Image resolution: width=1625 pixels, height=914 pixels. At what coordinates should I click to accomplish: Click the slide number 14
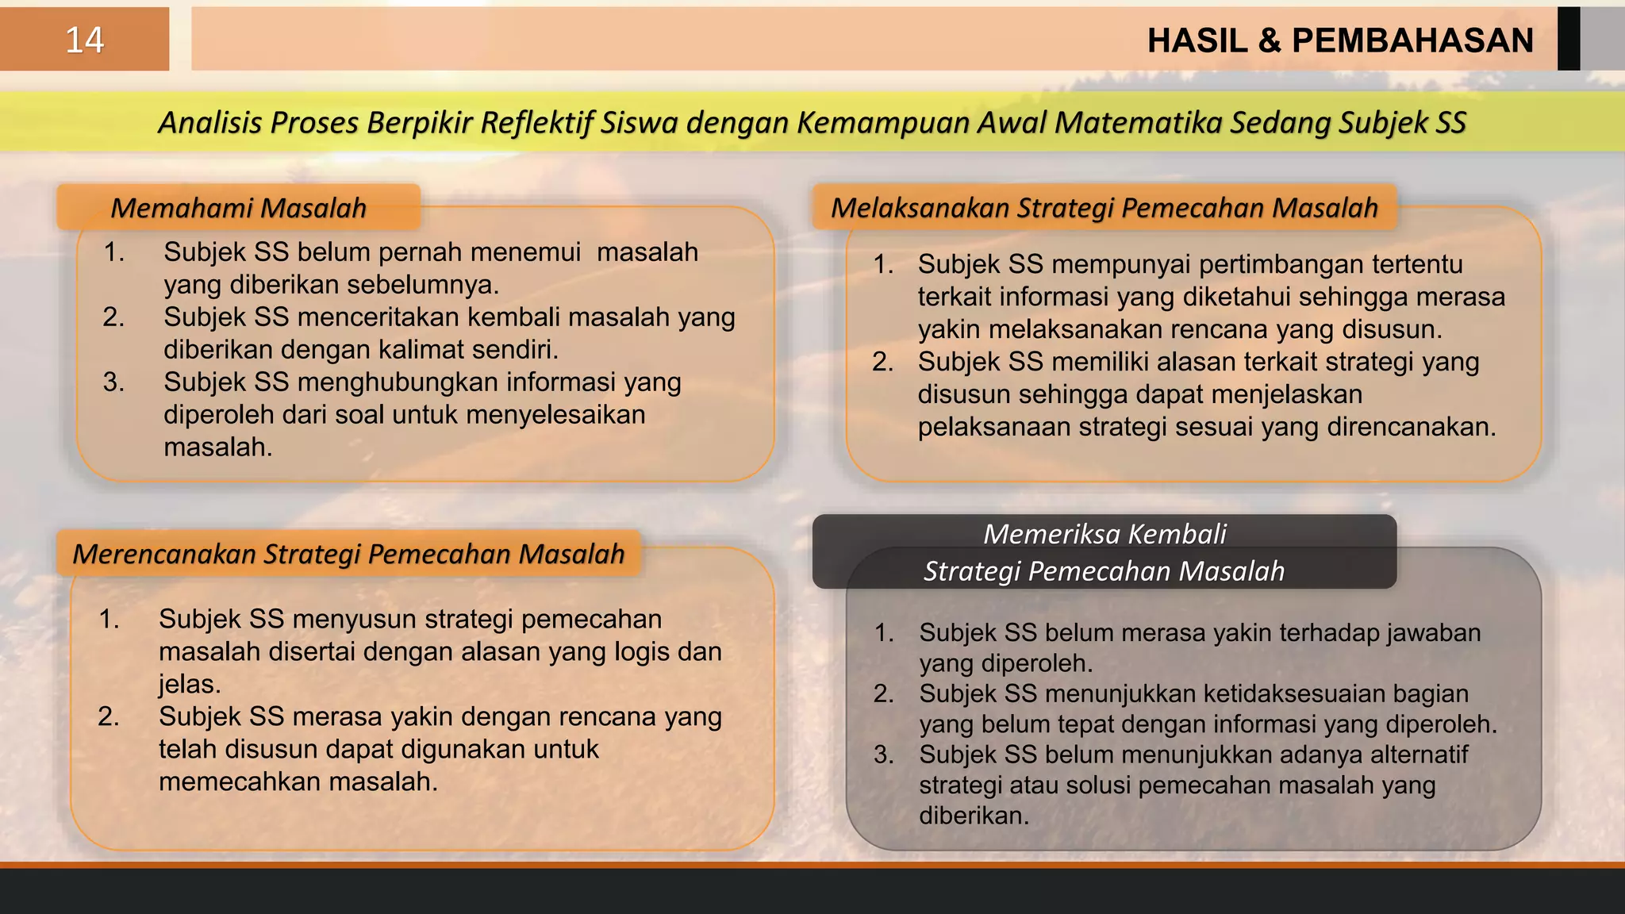(84, 40)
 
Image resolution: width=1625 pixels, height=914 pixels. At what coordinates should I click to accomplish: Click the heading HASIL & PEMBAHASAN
(1340, 40)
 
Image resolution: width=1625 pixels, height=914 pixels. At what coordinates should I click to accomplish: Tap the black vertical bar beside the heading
(1568, 39)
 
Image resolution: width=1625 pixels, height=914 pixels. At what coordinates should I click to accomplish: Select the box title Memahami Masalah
(238, 208)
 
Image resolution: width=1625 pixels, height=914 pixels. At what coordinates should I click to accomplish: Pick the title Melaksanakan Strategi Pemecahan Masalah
(1104, 208)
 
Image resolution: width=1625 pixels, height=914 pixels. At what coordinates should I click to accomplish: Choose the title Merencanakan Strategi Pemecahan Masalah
(348, 554)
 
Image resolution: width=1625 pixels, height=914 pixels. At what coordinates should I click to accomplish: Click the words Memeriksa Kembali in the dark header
(1104, 534)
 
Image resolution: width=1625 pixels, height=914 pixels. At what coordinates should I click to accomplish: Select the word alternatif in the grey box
(1419, 755)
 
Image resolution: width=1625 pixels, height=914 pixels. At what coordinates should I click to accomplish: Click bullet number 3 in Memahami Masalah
(113, 382)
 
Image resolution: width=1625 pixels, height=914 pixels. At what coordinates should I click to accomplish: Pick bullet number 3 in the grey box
(883, 755)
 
